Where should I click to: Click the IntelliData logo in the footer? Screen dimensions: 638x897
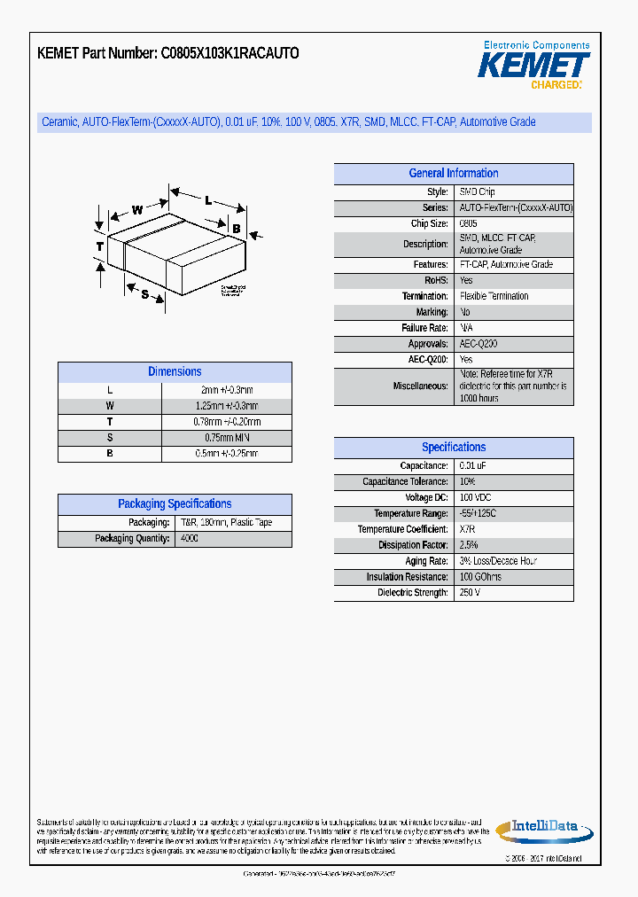(x=543, y=828)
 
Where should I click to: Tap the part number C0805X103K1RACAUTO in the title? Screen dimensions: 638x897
(x=230, y=53)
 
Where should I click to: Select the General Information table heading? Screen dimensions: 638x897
(x=453, y=174)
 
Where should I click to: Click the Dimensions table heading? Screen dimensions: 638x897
(x=175, y=372)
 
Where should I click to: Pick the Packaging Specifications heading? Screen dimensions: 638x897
(x=175, y=504)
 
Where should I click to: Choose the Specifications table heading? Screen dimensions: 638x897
(x=453, y=448)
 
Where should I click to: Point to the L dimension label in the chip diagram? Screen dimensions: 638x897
(x=208, y=200)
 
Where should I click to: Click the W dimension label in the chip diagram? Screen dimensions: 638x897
(x=137, y=210)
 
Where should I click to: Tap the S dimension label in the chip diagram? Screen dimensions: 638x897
(x=144, y=294)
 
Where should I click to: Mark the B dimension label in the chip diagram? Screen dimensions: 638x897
(x=237, y=229)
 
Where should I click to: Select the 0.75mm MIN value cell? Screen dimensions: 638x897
(x=227, y=438)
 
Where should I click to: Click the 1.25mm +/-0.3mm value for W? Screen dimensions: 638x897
(x=227, y=406)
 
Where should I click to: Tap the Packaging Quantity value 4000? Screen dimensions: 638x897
(x=190, y=539)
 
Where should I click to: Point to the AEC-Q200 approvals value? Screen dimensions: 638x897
(x=478, y=344)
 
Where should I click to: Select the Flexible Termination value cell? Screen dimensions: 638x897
(x=494, y=296)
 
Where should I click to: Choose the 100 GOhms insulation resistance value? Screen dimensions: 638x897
(x=480, y=577)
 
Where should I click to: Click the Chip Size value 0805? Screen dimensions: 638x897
(x=468, y=224)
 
